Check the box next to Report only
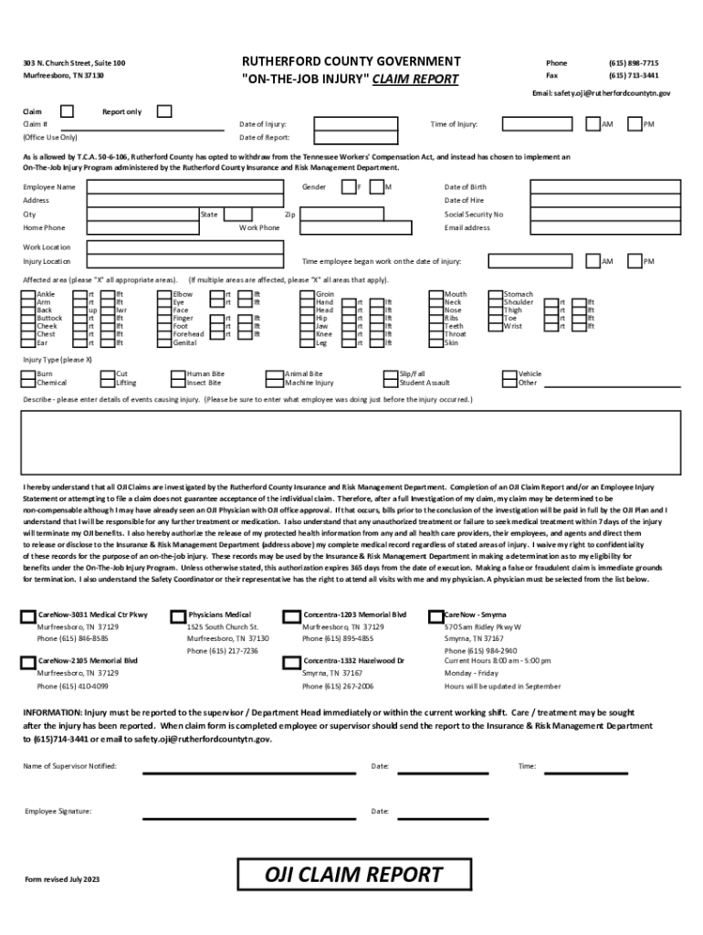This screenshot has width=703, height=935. click(164, 111)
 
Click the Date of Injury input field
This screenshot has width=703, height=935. click(365, 124)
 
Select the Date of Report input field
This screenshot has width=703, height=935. click(365, 138)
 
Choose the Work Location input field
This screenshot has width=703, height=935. click(383, 247)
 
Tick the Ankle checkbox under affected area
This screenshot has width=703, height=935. click(28, 295)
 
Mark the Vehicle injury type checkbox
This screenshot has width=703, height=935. click(510, 373)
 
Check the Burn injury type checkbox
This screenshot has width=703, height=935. click(28, 373)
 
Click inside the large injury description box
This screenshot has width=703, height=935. click(351, 442)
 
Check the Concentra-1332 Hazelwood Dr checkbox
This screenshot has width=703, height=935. click(292, 660)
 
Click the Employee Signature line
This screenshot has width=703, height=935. click(248, 812)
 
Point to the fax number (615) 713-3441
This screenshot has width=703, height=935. click(634, 76)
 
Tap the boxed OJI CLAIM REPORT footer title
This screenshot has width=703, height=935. click(353, 875)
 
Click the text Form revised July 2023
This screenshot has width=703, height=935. click(62, 879)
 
